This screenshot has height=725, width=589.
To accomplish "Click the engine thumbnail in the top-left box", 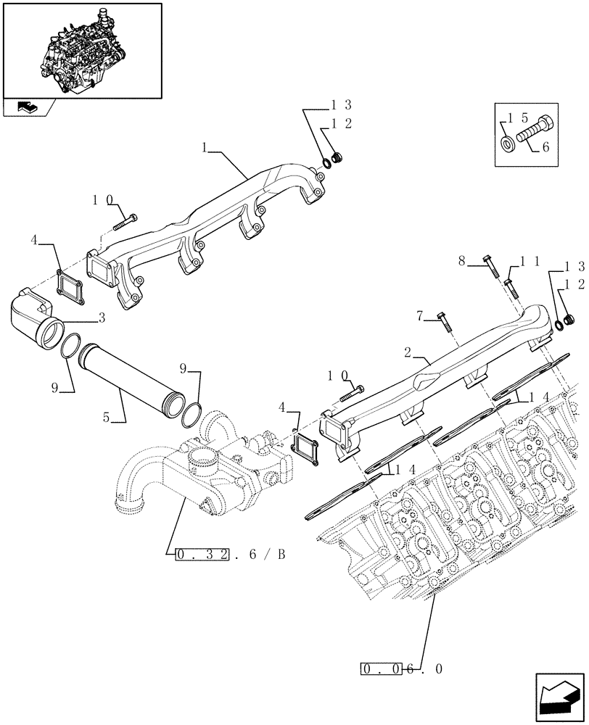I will click(x=81, y=49).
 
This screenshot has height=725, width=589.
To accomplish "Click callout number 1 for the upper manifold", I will click(x=205, y=147).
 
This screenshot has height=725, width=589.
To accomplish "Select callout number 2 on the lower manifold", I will click(x=408, y=352).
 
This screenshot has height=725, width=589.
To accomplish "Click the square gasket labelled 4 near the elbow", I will click(x=70, y=284).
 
